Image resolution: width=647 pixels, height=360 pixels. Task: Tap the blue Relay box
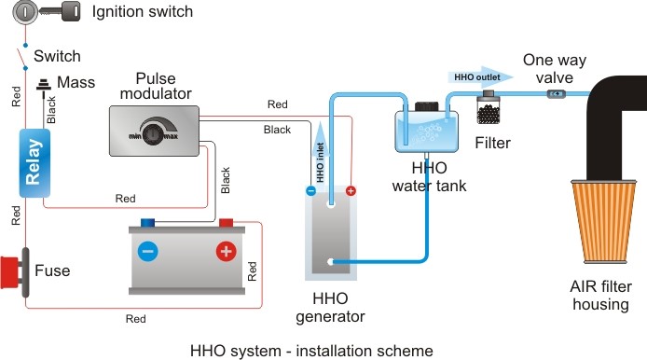click(x=34, y=162)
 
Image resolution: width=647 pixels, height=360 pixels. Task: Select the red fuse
click(x=15, y=272)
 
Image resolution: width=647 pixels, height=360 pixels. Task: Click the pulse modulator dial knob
click(x=153, y=134)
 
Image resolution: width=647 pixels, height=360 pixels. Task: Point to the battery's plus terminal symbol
click(x=227, y=251)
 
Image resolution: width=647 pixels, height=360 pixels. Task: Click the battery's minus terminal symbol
click(x=147, y=251)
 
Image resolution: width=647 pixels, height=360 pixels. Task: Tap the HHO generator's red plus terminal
click(x=351, y=191)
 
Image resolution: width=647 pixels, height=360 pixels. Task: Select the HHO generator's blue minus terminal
click(x=310, y=191)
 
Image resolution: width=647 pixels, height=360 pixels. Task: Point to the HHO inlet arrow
click(x=320, y=153)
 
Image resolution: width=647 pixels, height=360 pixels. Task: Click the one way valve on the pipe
click(x=557, y=94)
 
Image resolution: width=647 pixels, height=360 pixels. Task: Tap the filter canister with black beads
click(x=489, y=107)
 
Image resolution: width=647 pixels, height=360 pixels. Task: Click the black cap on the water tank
click(x=426, y=106)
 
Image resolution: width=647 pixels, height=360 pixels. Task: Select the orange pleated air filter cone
click(x=603, y=222)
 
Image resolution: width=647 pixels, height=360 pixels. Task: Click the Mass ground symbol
click(x=43, y=85)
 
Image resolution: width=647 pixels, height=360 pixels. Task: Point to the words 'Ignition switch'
click(x=143, y=11)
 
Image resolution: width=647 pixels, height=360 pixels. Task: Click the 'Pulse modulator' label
click(x=156, y=86)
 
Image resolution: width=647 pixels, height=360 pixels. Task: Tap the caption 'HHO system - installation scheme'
click(x=311, y=351)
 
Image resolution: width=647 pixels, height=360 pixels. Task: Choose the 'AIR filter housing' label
click(x=600, y=296)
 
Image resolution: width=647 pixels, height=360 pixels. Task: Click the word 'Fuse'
click(x=52, y=270)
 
